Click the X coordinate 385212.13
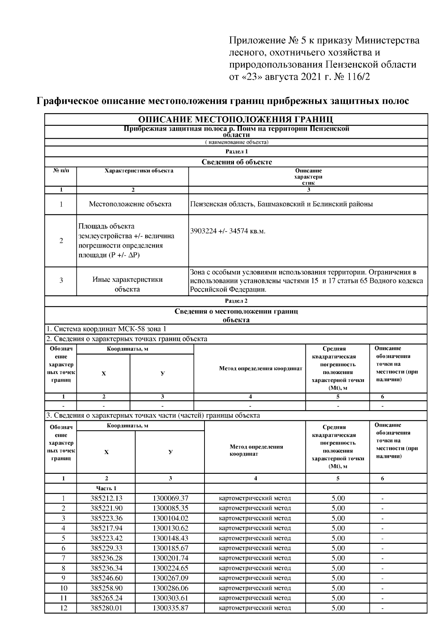point(106,498)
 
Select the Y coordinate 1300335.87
point(170,608)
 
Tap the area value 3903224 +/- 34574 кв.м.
point(228,231)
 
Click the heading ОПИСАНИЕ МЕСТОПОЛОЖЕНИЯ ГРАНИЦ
point(236,119)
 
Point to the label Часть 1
point(106,488)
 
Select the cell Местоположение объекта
point(130,204)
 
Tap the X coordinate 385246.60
point(106,578)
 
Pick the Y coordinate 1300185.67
point(170,548)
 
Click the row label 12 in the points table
point(63,608)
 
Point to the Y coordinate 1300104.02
point(170,518)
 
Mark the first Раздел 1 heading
point(236,151)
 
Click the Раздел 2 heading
point(236,301)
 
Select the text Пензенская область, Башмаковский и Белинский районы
point(281,204)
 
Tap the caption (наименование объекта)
point(236,142)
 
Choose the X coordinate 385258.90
point(106,588)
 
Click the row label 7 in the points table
point(63,558)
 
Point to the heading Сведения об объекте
point(236,162)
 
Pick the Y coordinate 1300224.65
point(170,568)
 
